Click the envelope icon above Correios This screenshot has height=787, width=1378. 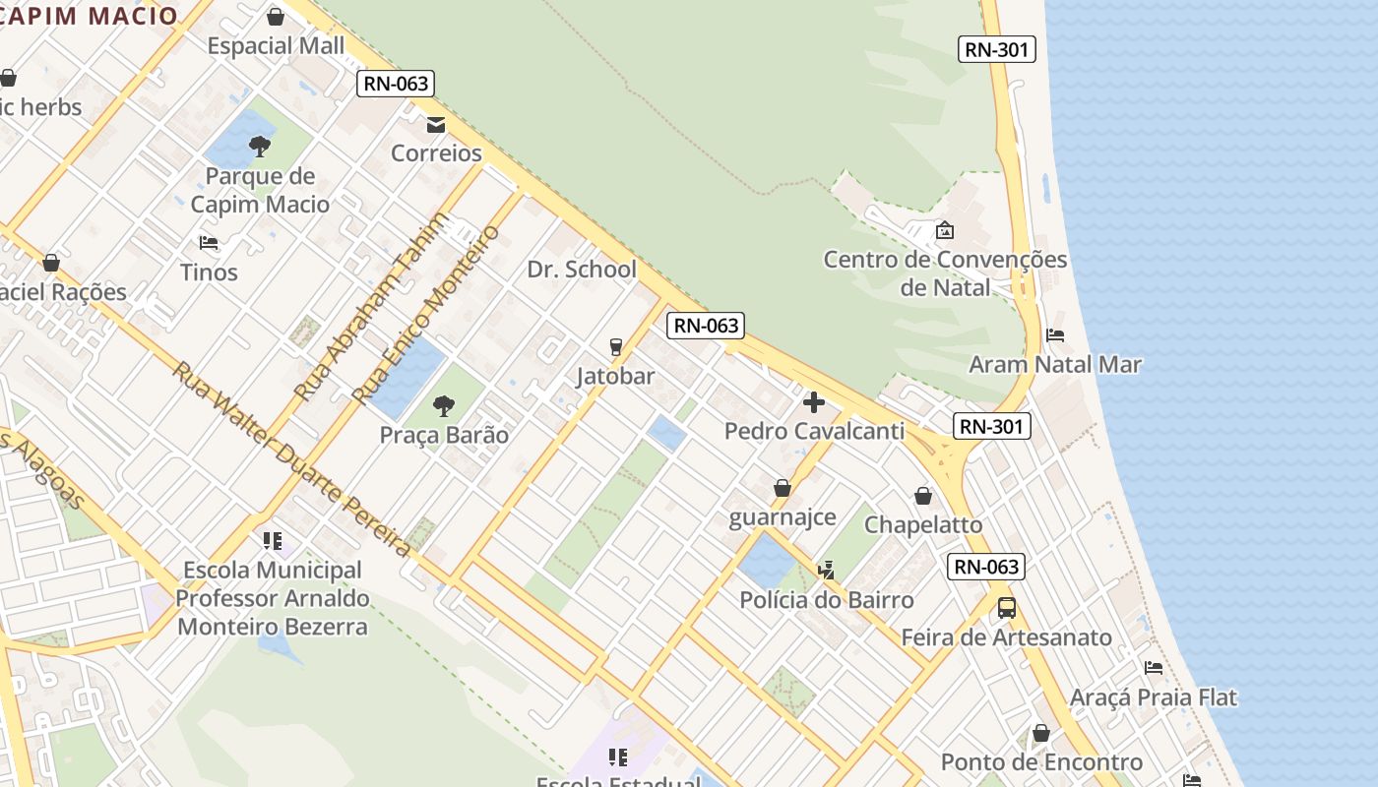click(435, 125)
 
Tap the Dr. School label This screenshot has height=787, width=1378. click(582, 270)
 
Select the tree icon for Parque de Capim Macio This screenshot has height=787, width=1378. click(260, 148)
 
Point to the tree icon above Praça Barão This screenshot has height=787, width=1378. click(444, 405)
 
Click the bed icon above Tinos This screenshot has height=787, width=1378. click(209, 242)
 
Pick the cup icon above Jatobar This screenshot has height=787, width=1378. click(616, 346)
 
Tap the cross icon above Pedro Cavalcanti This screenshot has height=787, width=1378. click(814, 402)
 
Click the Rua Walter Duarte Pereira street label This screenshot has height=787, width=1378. click(290, 458)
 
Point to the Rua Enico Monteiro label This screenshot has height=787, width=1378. click(427, 315)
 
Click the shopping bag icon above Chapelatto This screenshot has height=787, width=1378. click(923, 496)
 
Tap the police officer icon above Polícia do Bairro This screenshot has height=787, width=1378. click(827, 570)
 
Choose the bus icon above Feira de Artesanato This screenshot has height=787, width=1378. click(1007, 608)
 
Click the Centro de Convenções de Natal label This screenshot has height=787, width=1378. click(945, 273)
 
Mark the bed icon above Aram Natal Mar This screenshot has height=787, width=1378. click(1055, 335)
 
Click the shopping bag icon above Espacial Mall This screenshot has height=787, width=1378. click(276, 17)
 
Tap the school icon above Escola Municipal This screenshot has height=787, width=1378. click(273, 540)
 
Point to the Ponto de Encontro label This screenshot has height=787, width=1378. click(1041, 762)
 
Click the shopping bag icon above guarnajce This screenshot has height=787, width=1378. click(783, 488)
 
